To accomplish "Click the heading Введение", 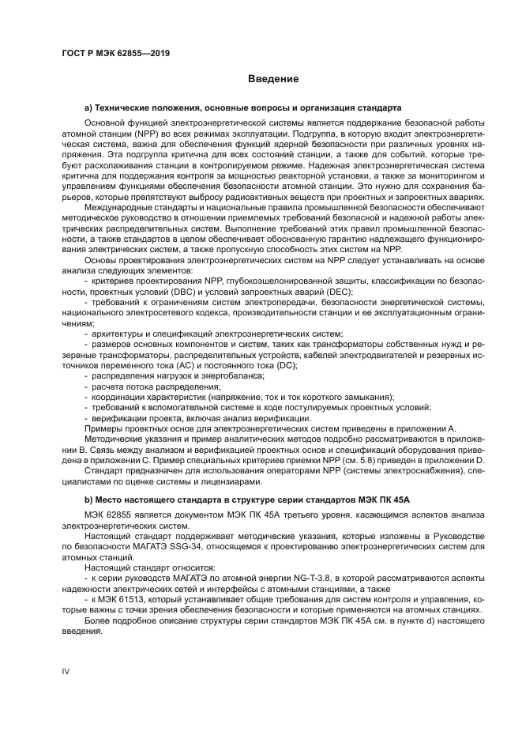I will click(272, 79).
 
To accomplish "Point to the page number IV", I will click(66, 671).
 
